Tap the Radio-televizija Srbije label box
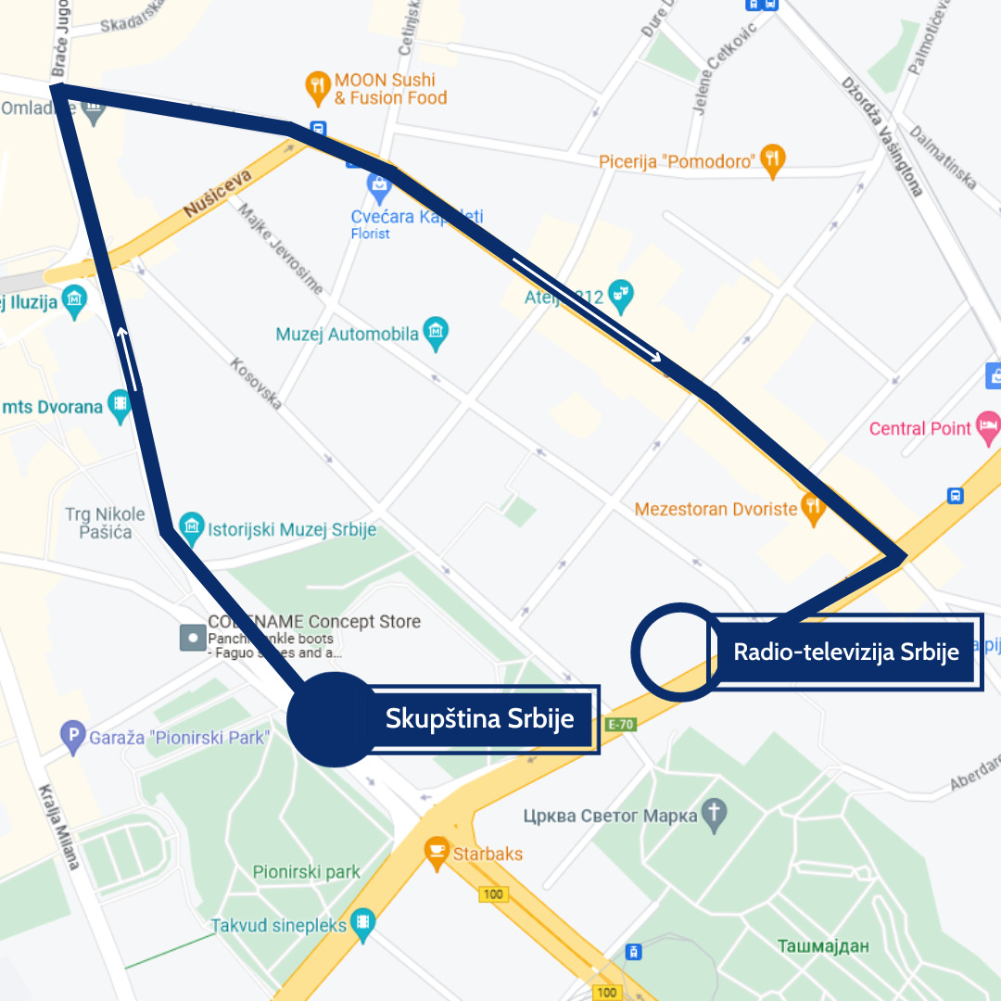pos(845,652)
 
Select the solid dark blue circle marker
pos(334,719)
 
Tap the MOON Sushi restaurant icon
pos(318,88)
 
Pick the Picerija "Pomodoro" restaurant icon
pos(772,161)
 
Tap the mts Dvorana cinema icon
pos(120,406)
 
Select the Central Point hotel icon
pos(990,427)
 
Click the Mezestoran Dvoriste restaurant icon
pos(814,508)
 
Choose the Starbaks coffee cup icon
pos(437,853)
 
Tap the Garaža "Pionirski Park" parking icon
pos(72,738)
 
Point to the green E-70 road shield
pos(621,724)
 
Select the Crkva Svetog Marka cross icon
pos(715,816)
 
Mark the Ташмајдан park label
pos(824,946)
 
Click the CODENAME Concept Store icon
pos(192,637)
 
